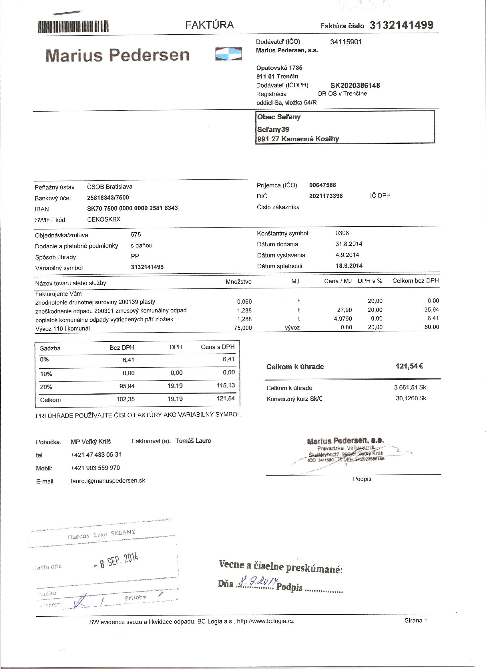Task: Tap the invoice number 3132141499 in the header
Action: (401, 25)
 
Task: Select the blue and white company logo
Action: (228, 54)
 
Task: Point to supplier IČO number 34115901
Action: (346, 42)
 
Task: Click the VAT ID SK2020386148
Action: (355, 86)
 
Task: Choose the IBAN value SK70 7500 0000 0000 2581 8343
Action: (132, 208)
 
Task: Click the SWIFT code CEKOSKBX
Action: (104, 219)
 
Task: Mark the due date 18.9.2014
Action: (349, 266)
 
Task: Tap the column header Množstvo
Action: (238, 282)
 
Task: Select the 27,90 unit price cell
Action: (344, 310)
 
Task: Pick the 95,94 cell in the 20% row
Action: (127, 386)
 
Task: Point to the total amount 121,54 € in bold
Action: (409, 366)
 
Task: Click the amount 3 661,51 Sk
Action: (410, 388)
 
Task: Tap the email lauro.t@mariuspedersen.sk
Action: (108, 480)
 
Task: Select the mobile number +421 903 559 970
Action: (95, 468)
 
